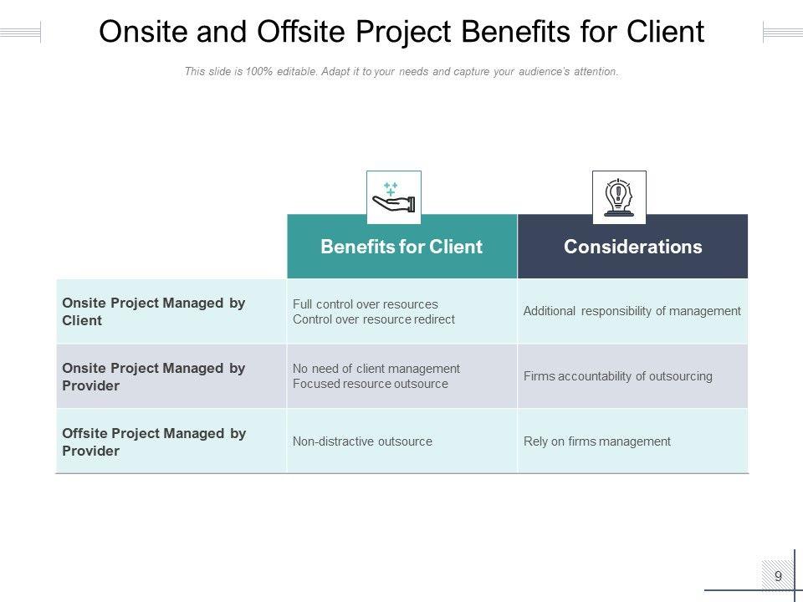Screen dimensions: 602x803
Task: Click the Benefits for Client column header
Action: point(401,247)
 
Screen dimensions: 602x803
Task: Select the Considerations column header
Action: point(632,247)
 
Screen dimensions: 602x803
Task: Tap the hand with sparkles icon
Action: point(394,198)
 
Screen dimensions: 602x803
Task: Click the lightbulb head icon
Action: point(619,198)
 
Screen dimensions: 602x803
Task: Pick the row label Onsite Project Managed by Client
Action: point(154,312)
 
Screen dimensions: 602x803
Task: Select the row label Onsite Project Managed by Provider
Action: point(154,377)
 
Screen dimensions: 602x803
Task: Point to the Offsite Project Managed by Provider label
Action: point(154,442)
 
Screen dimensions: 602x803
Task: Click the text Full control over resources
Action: point(365,304)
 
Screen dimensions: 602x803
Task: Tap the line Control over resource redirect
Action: point(373,319)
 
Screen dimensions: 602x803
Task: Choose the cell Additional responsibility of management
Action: point(632,311)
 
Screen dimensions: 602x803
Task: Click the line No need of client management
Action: point(376,369)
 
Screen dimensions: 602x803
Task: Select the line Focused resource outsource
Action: point(370,384)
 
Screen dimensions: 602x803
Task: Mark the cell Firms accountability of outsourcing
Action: point(617,376)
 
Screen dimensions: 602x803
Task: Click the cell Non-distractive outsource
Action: point(362,441)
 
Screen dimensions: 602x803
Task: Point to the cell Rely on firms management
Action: point(596,441)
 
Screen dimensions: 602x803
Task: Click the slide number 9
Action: point(778,576)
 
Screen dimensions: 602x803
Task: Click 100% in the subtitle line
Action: point(263,72)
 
